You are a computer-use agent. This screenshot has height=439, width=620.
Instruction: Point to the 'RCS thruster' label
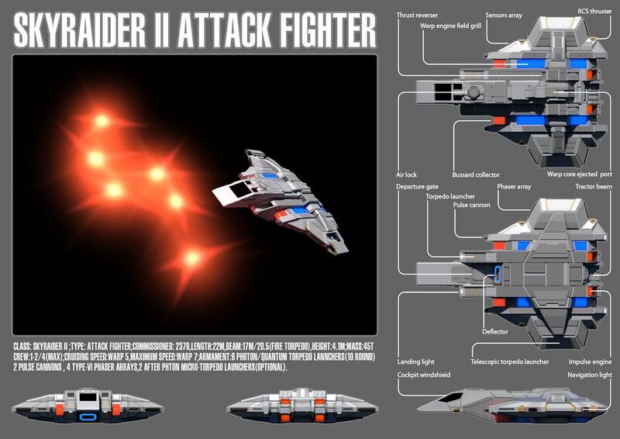(x=594, y=12)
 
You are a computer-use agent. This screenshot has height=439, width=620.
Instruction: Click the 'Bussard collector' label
(x=476, y=175)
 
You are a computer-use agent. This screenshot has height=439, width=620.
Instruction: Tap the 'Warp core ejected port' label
(x=580, y=175)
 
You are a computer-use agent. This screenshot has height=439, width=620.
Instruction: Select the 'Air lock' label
(x=406, y=175)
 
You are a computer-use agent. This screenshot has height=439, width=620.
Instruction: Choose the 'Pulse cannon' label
(x=473, y=206)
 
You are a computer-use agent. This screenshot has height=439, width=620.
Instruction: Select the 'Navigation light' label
(x=589, y=375)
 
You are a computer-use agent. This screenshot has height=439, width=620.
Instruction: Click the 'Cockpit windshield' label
(x=426, y=375)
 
